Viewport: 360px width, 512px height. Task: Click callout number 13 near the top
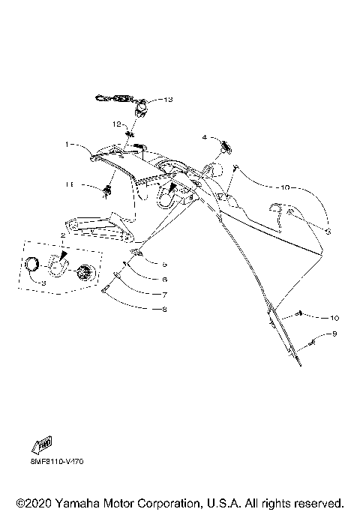168,99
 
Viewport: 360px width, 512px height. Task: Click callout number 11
88,184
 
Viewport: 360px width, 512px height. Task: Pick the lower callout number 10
334,317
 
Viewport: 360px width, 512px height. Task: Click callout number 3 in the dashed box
42,284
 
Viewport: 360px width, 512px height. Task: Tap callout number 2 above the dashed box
64,236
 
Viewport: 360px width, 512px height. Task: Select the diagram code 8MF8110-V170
58,461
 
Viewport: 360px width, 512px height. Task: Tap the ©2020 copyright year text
30,502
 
